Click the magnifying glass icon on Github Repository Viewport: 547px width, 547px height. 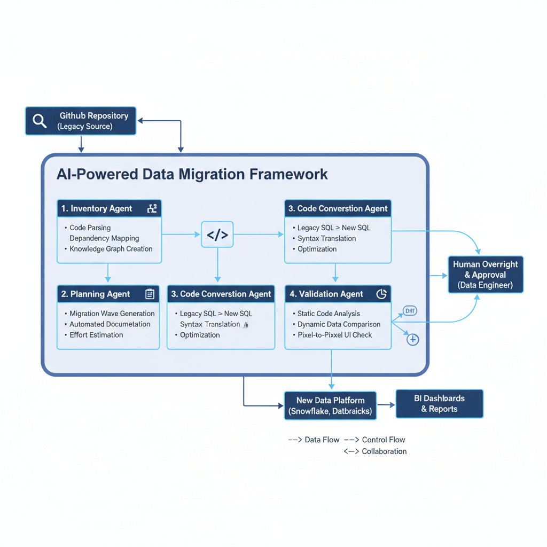click(40, 121)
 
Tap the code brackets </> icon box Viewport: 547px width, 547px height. click(217, 235)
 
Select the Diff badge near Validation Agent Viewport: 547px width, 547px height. click(410, 311)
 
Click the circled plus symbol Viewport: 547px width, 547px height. click(412, 339)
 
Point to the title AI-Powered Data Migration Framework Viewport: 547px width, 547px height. click(192, 174)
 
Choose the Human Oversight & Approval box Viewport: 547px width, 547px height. click(485, 275)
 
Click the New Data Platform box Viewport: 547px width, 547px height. click(331, 406)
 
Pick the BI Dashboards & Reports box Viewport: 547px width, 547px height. click(439, 403)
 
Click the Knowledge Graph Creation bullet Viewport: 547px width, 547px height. click(111, 249)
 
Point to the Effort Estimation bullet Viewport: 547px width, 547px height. click(96, 335)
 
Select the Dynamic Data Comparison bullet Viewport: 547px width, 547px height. click(339, 324)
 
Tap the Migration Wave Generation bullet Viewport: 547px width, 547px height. click(112, 314)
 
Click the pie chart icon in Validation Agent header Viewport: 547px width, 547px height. click(381, 294)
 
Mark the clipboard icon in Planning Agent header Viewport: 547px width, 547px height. click(150, 294)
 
